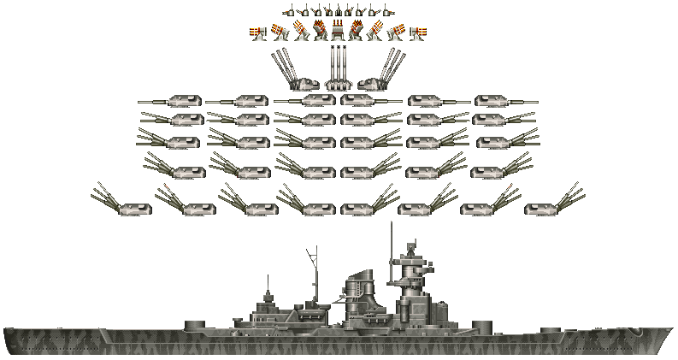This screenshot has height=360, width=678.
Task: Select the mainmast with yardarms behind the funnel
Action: [x=314, y=274]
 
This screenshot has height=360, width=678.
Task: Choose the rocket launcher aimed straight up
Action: [x=339, y=31]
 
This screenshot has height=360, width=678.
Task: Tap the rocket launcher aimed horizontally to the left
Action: [x=257, y=32]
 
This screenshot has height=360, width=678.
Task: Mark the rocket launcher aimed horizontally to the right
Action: [x=418, y=32]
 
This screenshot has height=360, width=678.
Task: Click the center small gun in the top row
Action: [x=339, y=11]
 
